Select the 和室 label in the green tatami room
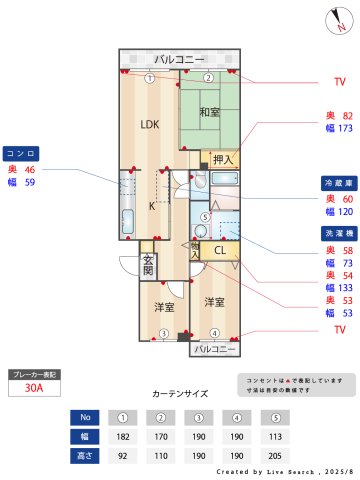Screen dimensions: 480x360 (209, 112)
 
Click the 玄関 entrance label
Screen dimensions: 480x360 (147, 265)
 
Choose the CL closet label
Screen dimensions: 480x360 (220, 251)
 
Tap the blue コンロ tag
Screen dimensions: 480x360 (21, 154)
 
